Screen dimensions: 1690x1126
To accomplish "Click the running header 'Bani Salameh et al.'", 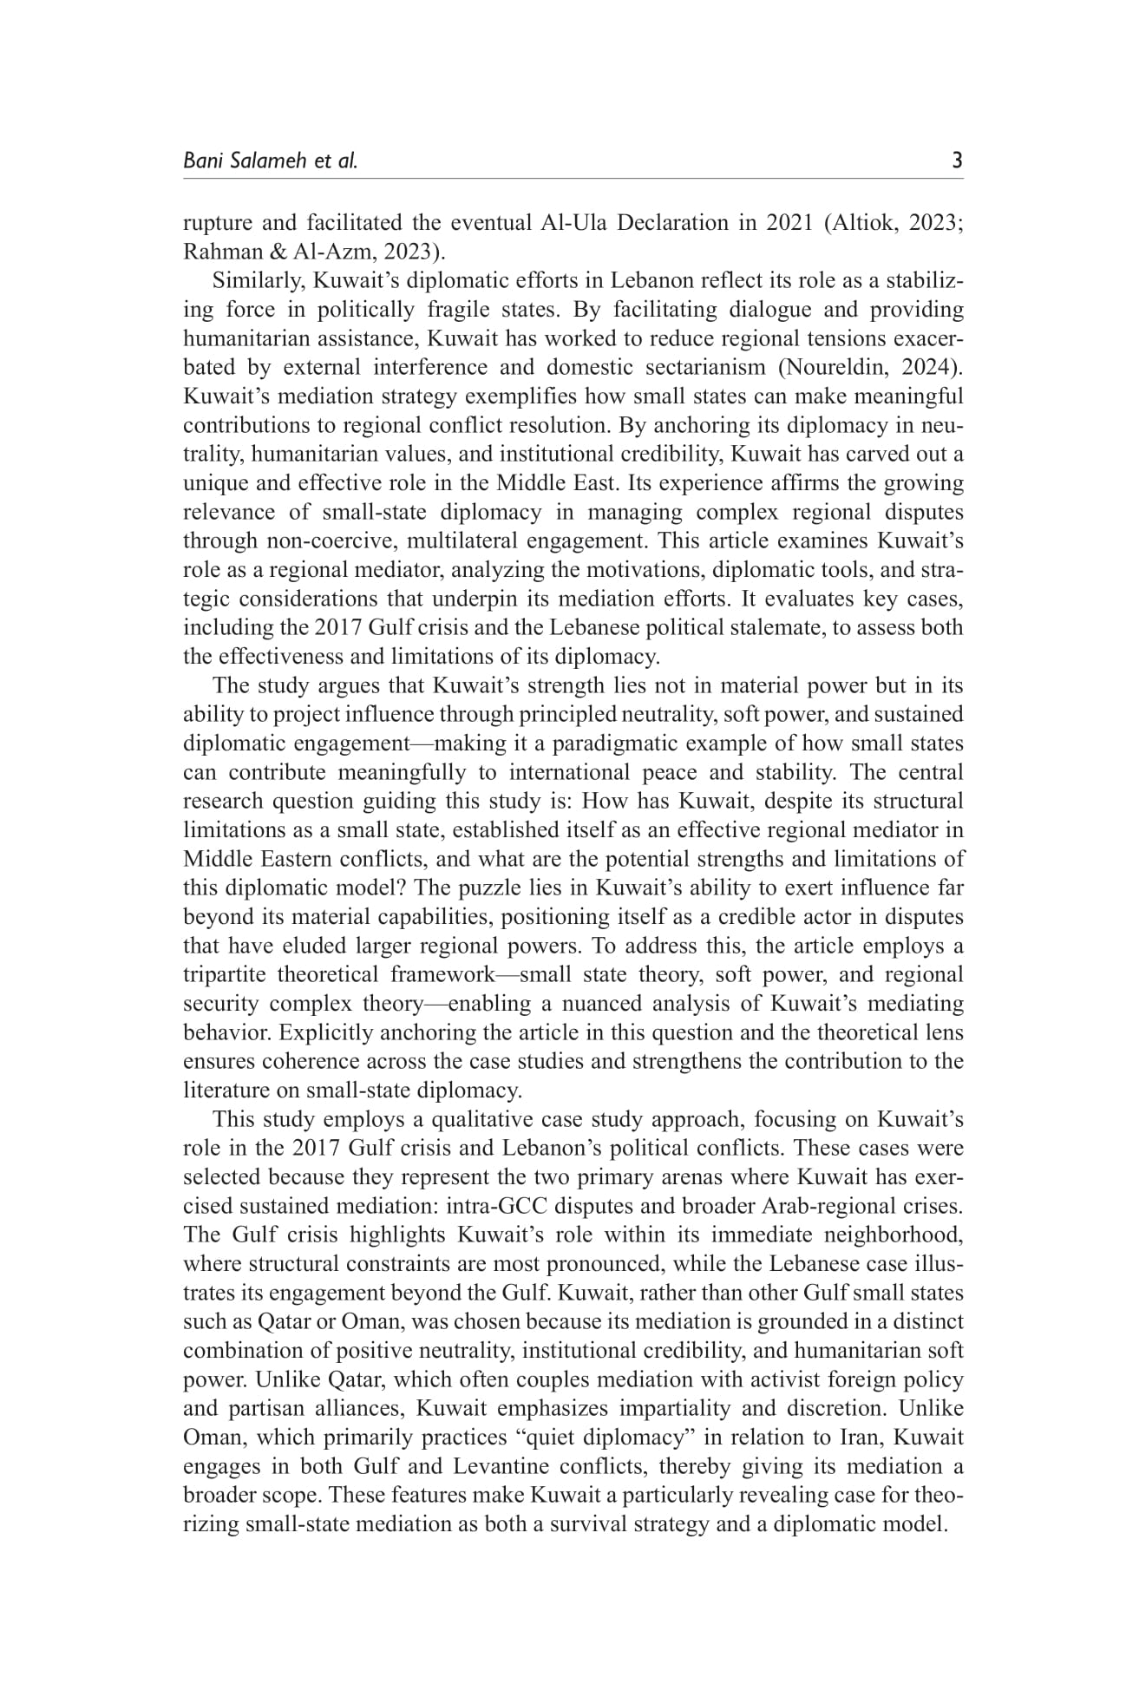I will pyautogui.click(x=270, y=160).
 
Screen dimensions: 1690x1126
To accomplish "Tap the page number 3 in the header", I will pyautogui.click(x=957, y=160).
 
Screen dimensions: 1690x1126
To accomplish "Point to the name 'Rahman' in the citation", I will pyautogui.click(x=220, y=252).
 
